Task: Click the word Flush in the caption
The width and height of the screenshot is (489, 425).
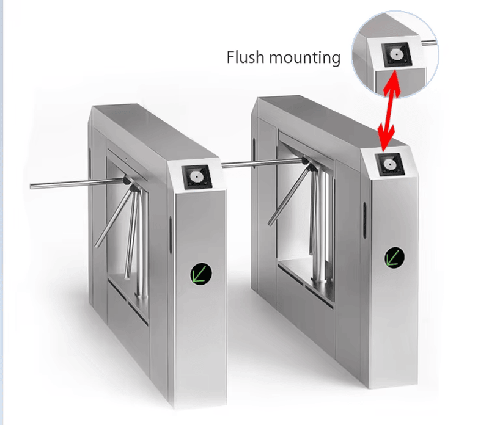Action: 245,57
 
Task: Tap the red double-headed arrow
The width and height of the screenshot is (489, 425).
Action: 388,111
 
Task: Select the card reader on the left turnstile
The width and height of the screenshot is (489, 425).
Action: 197,177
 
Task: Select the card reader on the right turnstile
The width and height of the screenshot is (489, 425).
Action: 390,164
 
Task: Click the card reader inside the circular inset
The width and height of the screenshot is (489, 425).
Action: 396,54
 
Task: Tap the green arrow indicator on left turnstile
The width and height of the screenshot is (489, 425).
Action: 201,274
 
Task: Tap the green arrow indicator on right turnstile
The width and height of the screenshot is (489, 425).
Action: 394,258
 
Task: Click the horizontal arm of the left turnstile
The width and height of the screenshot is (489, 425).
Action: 78,184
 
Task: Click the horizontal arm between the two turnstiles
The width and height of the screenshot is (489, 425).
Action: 262,164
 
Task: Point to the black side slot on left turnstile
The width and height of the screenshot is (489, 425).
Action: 171,235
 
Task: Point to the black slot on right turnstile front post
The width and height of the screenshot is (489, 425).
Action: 364,220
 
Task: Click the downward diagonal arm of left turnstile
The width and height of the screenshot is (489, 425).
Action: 114,218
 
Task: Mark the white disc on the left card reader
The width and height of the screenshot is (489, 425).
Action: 196,177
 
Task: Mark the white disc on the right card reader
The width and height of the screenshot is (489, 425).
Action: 389,164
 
